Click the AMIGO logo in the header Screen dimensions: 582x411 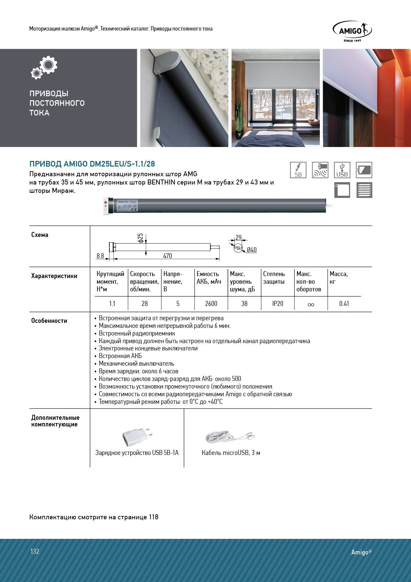[x=352, y=31]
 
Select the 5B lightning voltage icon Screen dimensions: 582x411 [x=298, y=170]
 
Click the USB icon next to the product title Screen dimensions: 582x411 [x=342, y=170]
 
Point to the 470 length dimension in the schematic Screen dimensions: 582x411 [x=167, y=256]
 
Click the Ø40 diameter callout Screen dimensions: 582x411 [x=252, y=250]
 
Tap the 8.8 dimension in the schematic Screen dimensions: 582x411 [x=100, y=256]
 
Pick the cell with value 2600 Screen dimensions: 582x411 [x=211, y=304]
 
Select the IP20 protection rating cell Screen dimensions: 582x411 [x=278, y=304]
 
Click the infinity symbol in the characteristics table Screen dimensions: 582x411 [x=311, y=304]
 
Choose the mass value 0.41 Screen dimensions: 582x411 [x=344, y=304]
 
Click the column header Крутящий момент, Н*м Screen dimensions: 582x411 [x=110, y=281]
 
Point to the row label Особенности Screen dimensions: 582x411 [x=49, y=321]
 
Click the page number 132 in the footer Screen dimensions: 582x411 [x=35, y=551]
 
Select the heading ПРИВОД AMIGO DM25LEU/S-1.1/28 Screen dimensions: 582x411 [x=92, y=164]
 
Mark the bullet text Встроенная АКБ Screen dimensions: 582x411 [x=120, y=356]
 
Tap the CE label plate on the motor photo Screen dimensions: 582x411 [x=127, y=206]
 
